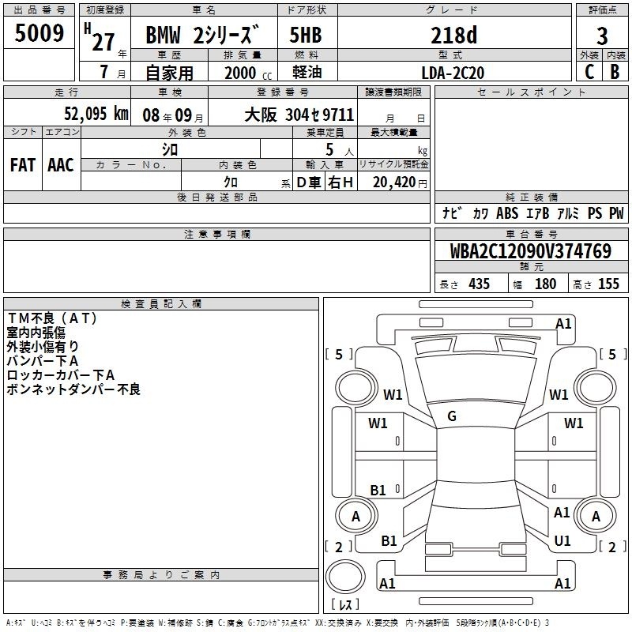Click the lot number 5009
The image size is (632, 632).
coord(39,33)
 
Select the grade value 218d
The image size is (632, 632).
coord(453,35)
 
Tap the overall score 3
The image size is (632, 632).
coord(602,36)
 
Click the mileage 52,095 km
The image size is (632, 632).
coord(96,114)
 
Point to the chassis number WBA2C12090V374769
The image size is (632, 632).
coord(531,251)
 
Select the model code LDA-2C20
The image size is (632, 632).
coord(453,73)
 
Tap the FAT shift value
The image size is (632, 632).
coord(23,165)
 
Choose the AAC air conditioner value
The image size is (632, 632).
coord(61,165)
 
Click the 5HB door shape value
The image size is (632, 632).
coord(306,35)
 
